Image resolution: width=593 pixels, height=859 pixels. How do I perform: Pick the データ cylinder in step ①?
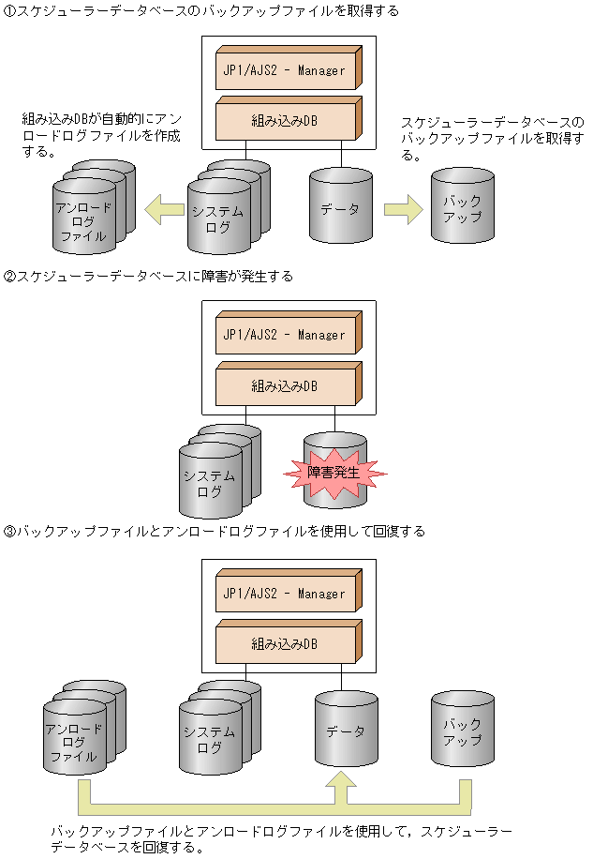pyautogui.click(x=340, y=209)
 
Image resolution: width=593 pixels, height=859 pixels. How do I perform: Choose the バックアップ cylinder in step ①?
pyautogui.click(x=462, y=209)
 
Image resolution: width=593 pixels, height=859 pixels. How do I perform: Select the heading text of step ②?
pyautogui.click(x=149, y=277)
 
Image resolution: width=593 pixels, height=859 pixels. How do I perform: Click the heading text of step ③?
pyautogui.click(x=215, y=532)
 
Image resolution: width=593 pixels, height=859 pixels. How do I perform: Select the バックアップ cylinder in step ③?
pyautogui.click(x=462, y=732)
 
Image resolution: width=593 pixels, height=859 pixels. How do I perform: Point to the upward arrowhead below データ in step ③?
pyautogui.click(x=346, y=786)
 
